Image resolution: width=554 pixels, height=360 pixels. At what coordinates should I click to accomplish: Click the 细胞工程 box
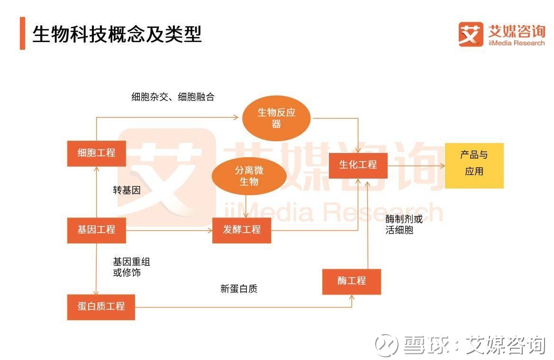[x=97, y=153]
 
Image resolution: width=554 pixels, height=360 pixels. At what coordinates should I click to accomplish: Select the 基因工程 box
[x=97, y=230]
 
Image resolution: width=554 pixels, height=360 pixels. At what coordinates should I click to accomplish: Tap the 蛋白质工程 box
[x=101, y=307]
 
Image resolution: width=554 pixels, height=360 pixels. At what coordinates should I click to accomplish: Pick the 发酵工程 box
[x=242, y=230]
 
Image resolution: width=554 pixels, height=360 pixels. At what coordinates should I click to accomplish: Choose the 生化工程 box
[x=358, y=165]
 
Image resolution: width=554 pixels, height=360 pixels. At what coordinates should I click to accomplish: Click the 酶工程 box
[x=352, y=281]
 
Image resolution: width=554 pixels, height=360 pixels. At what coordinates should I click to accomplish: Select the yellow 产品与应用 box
[x=474, y=165]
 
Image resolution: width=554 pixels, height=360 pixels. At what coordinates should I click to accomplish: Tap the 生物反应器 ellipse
[x=276, y=118]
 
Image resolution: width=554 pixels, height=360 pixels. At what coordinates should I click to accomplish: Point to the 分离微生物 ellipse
[x=249, y=176]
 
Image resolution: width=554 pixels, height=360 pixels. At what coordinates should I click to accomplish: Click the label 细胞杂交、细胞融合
[x=173, y=97]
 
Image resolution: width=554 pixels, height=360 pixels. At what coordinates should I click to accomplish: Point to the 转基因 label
[x=127, y=190]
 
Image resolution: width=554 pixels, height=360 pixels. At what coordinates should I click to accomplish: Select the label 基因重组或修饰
[x=131, y=267]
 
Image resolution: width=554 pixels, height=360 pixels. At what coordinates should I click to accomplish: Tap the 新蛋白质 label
[x=239, y=288]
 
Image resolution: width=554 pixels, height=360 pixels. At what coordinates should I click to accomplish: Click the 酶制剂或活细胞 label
[x=404, y=225]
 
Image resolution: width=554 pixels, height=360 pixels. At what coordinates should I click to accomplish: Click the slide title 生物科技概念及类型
[x=117, y=34]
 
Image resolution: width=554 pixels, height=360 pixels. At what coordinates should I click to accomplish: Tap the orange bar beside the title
[x=22, y=33]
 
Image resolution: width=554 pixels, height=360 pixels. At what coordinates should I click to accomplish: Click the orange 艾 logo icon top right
[x=471, y=34]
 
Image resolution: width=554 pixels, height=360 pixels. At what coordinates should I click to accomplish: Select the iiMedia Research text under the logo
[x=517, y=43]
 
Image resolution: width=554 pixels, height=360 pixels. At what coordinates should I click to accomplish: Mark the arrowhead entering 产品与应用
[x=442, y=165]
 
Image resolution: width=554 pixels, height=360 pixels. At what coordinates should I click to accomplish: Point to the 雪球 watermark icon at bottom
[x=387, y=344]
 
